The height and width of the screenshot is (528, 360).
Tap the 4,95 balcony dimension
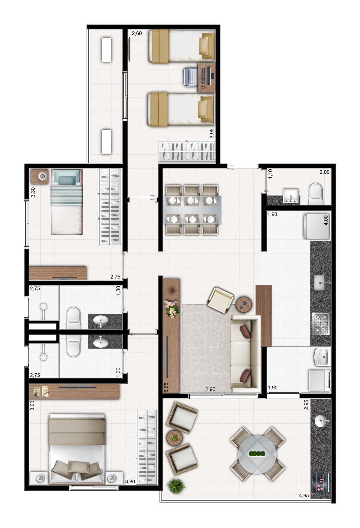(x=304, y=495)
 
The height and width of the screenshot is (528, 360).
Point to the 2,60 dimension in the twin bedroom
(x=137, y=33)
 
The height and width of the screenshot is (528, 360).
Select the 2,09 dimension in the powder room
(x=324, y=172)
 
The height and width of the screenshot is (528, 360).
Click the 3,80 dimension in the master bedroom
(x=130, y=481)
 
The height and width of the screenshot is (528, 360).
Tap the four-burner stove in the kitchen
(x=321, y=324)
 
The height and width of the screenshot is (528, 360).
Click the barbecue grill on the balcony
(x=321, y=482)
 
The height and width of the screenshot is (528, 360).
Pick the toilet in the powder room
(x=315, y=194)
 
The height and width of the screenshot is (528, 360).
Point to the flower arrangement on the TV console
(x=171, y=309)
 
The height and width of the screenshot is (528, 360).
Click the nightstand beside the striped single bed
(x=40, y=176)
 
